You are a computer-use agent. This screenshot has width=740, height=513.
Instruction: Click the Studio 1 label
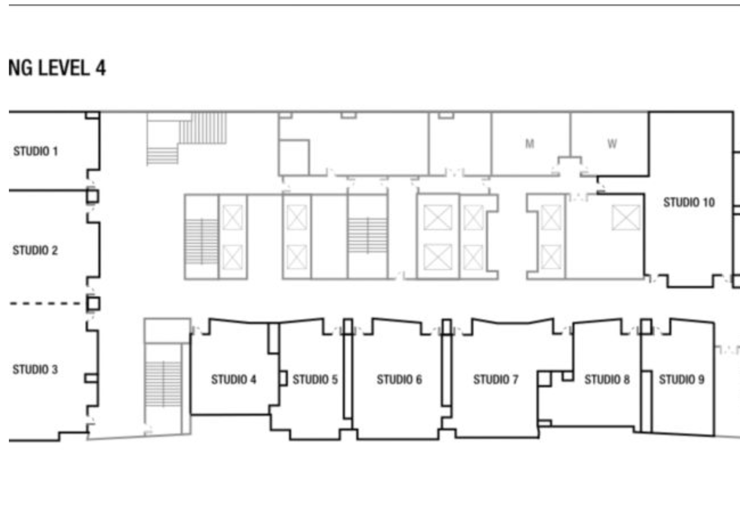click(36, 151)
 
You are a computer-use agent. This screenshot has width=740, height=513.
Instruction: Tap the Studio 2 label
click(36, 250)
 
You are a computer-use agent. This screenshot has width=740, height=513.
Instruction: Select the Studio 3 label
click(36, 369)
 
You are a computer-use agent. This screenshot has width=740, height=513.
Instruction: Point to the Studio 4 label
click(234, 379)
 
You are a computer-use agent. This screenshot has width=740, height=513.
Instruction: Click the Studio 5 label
click(315, 379)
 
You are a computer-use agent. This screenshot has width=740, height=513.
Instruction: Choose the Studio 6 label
click(400, 379)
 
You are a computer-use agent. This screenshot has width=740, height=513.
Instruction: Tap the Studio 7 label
click(496, 379)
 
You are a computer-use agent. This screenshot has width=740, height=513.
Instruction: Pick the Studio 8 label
click(607, 379)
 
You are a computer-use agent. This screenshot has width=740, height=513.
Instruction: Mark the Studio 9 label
click(682, 379)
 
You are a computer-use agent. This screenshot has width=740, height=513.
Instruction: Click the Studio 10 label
click(689, 202)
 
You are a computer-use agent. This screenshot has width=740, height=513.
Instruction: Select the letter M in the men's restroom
click(530, 144)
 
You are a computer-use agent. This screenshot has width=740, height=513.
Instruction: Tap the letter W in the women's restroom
click(612, 144)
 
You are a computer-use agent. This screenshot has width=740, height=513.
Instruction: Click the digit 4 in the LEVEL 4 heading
click(101, 68)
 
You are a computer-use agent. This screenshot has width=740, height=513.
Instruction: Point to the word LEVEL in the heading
click(64, 68)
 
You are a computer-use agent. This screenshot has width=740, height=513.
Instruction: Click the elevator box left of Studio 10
click(626, 218)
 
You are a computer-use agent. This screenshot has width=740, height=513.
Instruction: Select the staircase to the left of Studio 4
click(163, 384)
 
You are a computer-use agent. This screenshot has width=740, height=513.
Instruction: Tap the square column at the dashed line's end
click(93, 304)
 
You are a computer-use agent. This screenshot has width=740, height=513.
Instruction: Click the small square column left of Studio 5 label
click(283, 379)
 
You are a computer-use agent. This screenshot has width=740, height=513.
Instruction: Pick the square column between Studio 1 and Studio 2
click(93, 197)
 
